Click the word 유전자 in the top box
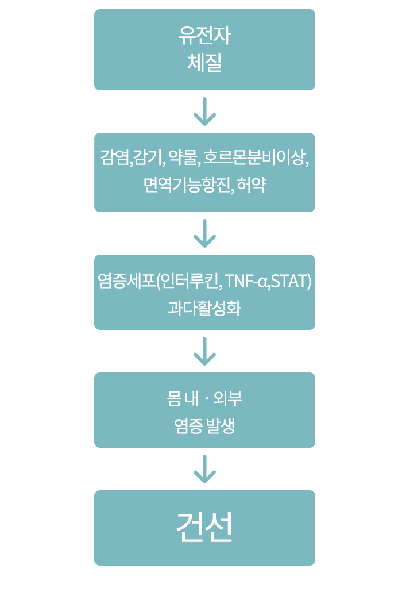[204, 36]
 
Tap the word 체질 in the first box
[204, 62]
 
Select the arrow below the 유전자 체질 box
[204, 112]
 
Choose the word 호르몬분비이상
[256, 157]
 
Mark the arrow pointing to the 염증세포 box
[204, 233]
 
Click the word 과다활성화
[204, 309]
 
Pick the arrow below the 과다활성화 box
[204, 351]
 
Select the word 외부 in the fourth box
[228, 398]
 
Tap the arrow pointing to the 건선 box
[204, 468]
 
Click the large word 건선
[204, 527]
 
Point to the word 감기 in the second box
[149, 157]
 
